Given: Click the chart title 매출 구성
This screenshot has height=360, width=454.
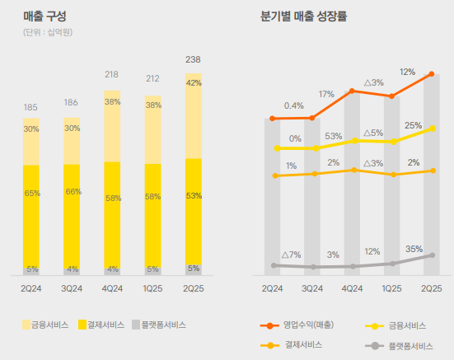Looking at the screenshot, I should (x=44, y=16).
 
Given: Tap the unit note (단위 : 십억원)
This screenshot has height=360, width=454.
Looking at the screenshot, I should (x=47, y=32).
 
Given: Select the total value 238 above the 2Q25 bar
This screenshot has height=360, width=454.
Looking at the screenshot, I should (x=193, y=60).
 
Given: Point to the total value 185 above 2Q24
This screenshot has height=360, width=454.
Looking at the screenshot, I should (x=30, y=107).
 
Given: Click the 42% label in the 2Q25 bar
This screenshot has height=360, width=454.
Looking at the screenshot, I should (x=194, y=83).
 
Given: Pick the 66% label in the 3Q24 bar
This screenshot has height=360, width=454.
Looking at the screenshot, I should (x=72, y=191).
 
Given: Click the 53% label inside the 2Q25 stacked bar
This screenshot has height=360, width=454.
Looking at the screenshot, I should (x=194, y=197).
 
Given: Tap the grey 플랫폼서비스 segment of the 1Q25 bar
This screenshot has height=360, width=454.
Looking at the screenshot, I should (x=152, y=269).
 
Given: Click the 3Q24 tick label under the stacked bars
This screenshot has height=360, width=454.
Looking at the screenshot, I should (x=72, y=288).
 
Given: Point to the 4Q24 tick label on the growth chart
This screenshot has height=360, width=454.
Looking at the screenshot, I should (x=352, y=288).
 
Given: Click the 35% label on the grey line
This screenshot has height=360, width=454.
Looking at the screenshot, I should (x=414, y=249).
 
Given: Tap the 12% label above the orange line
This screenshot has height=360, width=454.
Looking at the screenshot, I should (x=407, y=72).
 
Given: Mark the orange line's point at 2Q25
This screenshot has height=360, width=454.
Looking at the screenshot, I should (x=432, y=74).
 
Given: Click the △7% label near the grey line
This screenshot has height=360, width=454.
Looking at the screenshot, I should (x=291, y=255).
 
